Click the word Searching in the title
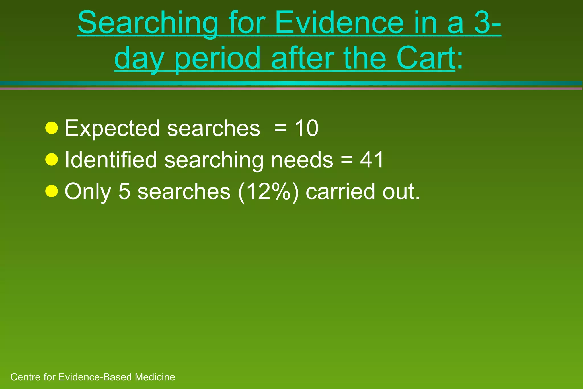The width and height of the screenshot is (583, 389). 148,23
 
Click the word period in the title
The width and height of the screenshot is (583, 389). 218,59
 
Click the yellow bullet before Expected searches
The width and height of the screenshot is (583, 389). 52,128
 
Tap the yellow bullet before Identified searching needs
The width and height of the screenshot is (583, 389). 52,159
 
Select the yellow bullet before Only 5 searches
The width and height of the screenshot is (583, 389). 52,191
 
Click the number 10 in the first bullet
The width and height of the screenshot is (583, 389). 306,128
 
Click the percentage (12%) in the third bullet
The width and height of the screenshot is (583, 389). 268,192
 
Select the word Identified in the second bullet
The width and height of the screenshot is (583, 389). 111,160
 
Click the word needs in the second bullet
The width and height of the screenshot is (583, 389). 302,160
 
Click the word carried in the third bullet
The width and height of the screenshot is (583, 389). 340,191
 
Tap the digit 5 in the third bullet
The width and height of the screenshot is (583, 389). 124,191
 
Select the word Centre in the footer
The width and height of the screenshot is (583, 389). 26,377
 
